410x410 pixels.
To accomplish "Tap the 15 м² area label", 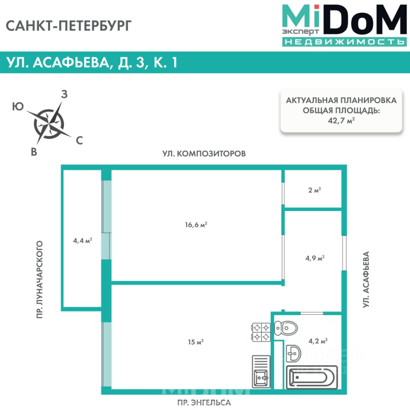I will point(195,342).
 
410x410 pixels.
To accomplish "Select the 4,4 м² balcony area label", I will point(83,240).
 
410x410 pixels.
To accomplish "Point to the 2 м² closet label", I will point(314,190).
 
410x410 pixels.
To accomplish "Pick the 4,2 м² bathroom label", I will point(318,341).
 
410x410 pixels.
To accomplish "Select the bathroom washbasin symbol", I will point(293,353).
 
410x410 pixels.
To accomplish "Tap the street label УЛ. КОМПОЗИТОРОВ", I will point(204,153).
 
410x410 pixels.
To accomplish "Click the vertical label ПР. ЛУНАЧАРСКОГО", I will point(40,280).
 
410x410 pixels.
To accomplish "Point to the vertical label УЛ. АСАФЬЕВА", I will point(366,280).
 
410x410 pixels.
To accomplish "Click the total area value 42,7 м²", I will point(341,121).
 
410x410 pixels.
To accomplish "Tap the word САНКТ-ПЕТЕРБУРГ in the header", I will point(69,26).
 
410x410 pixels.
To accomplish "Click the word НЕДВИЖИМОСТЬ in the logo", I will point(344,42).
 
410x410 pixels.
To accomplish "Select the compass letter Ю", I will point(18,107).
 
